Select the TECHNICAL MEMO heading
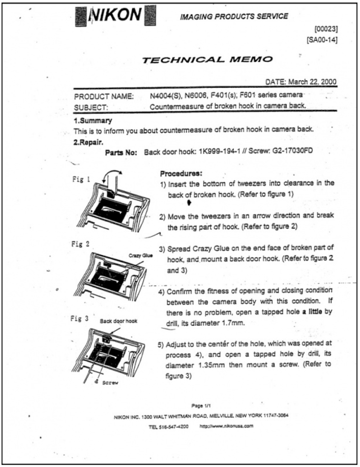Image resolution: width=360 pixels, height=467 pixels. pyautogui.click(x=207, y=59)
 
